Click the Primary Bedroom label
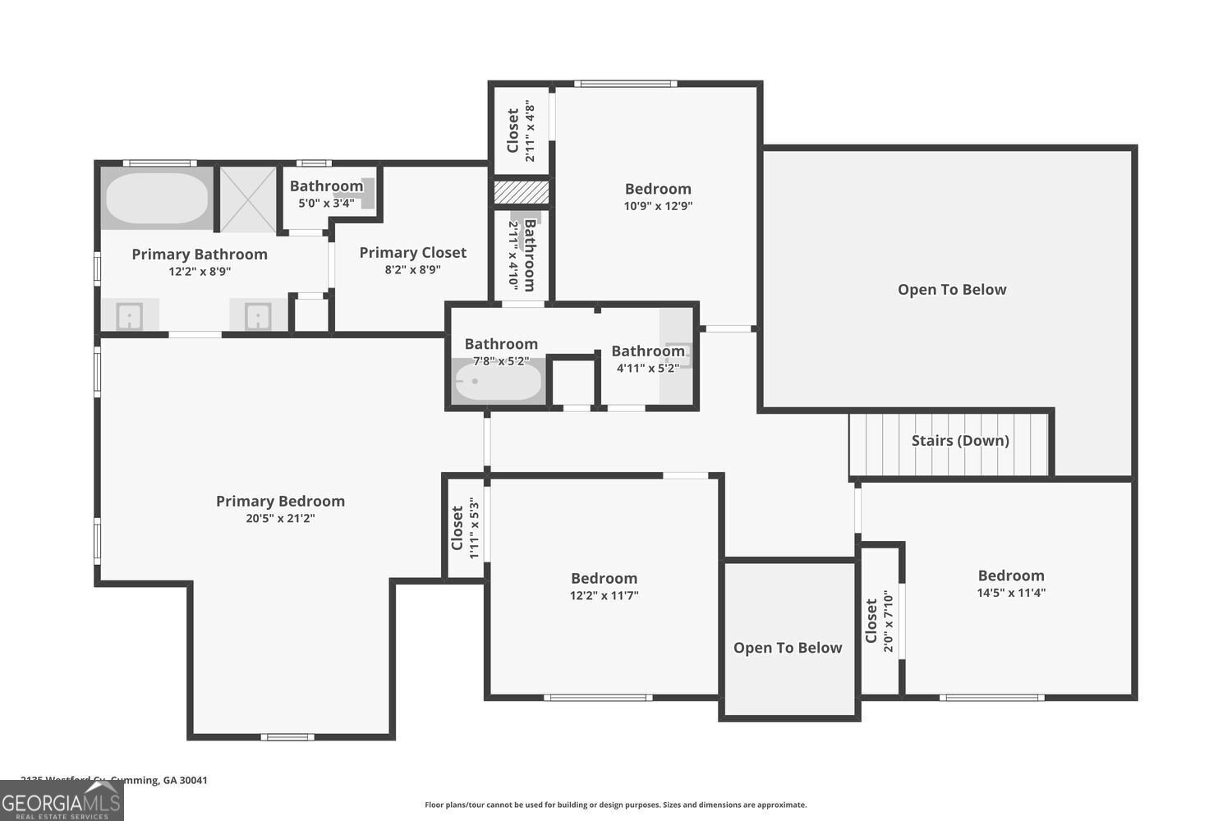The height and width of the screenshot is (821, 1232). click(280, 501)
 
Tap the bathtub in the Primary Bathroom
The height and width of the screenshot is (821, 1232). click(157, 198)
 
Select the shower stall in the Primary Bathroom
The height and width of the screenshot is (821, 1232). click(247, 199)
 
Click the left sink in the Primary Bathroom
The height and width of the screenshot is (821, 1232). click(129, 315)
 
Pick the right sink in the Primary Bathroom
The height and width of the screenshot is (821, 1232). click(258, 315)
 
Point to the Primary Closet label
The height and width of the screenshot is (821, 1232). click(412, 253)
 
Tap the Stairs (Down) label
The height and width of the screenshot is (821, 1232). click(959, 441)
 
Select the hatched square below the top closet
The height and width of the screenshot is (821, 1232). click(521, 193)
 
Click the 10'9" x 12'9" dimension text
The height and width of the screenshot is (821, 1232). click(658, 206)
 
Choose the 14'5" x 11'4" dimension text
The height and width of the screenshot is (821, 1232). click(1010, 593)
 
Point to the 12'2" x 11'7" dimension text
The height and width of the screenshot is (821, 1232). click(604, 595)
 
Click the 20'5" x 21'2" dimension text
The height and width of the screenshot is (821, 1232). click(280, 518)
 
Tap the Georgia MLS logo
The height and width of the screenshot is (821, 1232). click(62, 801)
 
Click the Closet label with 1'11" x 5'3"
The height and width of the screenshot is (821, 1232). click(457, 528)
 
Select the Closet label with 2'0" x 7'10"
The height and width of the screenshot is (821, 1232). click(871, 621)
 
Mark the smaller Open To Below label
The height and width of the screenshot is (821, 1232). click(788, 648)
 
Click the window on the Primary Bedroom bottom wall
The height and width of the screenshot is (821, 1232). click(287, 736)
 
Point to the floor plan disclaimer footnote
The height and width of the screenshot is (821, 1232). click(615, 805)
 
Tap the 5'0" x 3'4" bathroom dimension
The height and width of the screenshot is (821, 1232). click(326, 203)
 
